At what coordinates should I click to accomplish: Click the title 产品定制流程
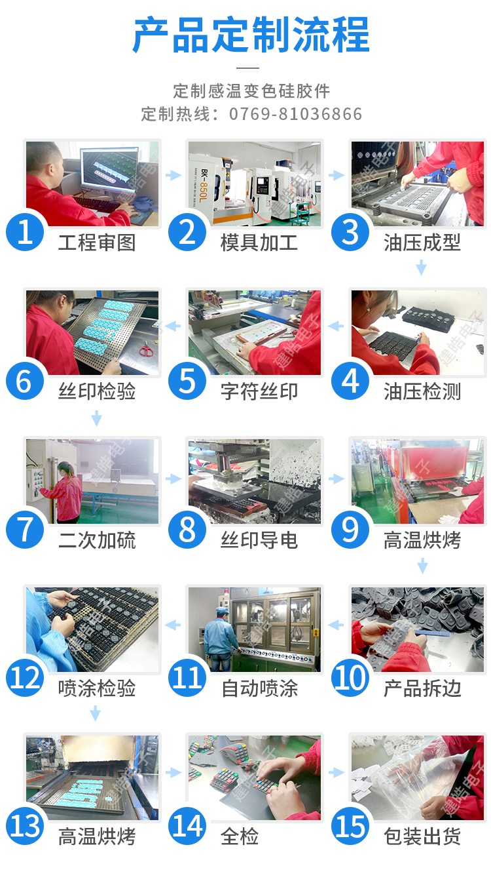pos(251,35)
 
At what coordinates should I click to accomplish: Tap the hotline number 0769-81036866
pos(295,114)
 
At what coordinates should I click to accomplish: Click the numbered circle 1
pos(25,232)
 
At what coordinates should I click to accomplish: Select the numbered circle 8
pos(187,530)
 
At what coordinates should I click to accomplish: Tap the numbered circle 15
pos(350,826)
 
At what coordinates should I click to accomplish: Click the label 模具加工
pos(259,242)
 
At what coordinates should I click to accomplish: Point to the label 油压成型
pos(422,242)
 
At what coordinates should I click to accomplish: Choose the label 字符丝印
pos(259,391)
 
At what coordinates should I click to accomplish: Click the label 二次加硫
pos(97,540)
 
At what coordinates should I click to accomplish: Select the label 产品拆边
pos(422,688)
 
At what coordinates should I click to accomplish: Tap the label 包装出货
pos(422,836)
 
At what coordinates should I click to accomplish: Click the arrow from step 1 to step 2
pos(173,174)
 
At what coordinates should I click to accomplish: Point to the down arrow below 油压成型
pos(421,267)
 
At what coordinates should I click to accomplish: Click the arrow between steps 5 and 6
pos(172,326)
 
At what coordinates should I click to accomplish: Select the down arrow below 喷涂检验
pos(95,713)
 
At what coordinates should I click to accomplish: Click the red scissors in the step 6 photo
pos(146,349)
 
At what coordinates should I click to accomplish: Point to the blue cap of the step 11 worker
pos(223,611)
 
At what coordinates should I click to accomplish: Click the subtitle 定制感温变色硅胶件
pos(251,91)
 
